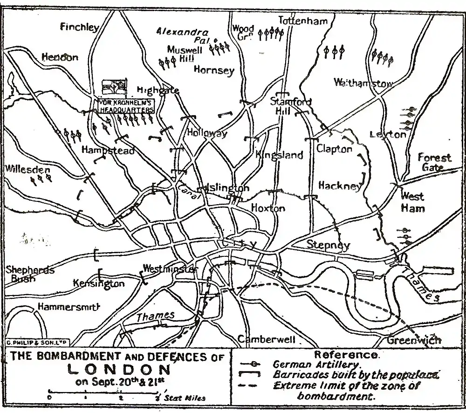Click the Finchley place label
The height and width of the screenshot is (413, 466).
click(x=79, y=27)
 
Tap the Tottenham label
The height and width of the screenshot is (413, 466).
click(x=303, y=21)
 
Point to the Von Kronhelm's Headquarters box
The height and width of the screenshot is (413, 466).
click(x=125, y=106)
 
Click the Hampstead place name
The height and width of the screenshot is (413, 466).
click(x=108, y=150)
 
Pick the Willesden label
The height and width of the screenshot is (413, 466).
click(x=27, y=169)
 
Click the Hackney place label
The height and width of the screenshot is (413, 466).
click(x=340, y=186)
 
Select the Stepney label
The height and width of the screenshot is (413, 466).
click(x=328, y=245)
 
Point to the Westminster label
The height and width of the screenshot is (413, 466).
click(x=169, y=269)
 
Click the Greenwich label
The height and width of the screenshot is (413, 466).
click(x=413, y=340)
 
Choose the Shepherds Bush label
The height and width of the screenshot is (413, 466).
click(x=29, y=274)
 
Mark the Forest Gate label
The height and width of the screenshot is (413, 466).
click(x=434, y=162)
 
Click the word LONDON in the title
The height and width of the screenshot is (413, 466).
click(x=119, y=370)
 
